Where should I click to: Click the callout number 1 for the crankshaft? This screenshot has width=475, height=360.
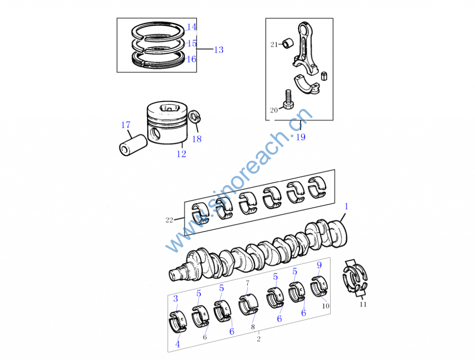point(346,206)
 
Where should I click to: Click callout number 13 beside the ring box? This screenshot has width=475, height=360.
point(218,50)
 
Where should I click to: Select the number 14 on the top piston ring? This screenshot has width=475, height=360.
point(192,27)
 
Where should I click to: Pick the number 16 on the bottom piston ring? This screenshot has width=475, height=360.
point(191,59)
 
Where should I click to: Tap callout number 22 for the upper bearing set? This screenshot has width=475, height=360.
point(169,220)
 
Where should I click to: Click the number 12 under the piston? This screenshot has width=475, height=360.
point(181,154)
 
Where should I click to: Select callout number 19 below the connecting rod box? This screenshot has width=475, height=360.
point(301,137)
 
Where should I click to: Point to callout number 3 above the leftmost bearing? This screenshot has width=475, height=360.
point(175,298)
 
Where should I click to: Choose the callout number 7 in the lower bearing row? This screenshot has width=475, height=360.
point(247,283)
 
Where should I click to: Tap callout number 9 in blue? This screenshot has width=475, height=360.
point(319,265)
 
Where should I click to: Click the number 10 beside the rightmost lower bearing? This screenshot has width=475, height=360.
point(326,306)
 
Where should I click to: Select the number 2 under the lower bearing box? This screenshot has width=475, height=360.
point(258,339)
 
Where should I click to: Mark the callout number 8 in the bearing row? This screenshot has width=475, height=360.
point(253,327)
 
